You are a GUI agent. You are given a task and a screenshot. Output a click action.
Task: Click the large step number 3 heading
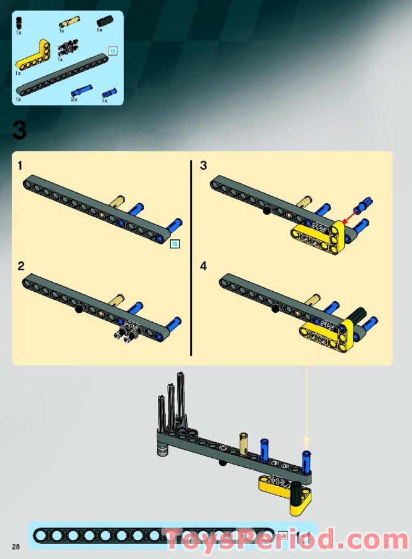pos(19,130)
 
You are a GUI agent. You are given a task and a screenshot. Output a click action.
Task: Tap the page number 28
pos(14,545)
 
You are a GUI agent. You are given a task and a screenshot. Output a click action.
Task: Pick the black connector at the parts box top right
pos(103,22)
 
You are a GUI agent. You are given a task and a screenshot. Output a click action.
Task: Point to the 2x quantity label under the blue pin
pos(74,99)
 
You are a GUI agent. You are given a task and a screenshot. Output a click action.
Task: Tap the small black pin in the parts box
pos(19,23)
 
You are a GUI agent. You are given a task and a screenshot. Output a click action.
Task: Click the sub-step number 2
pos(21,267)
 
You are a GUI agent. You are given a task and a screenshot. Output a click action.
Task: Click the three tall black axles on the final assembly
pos(173,401)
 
